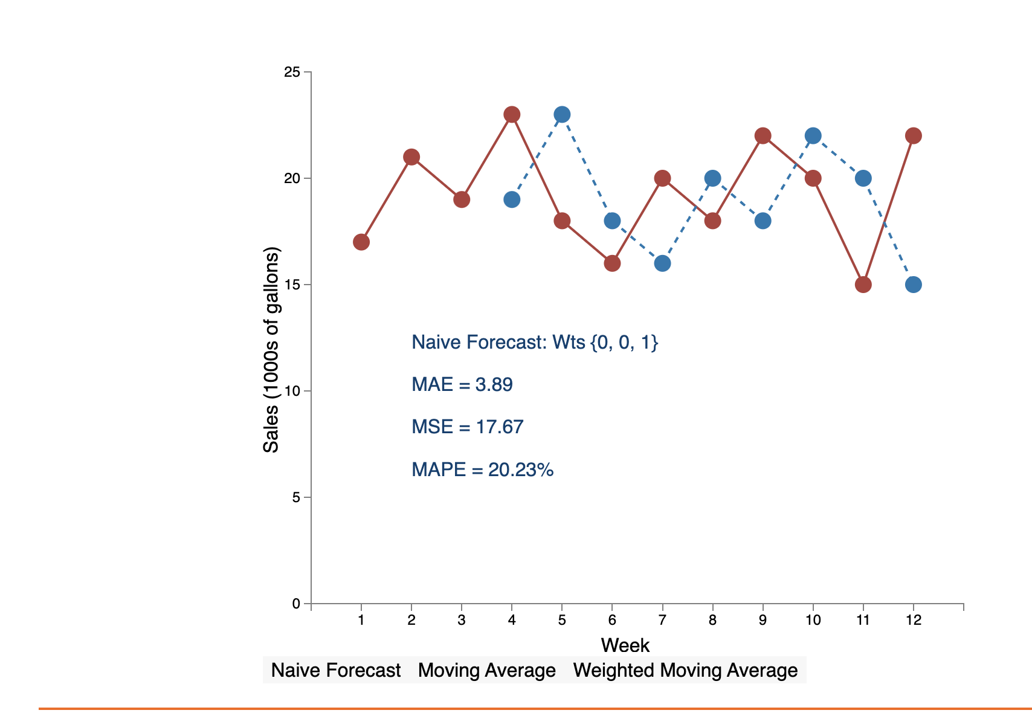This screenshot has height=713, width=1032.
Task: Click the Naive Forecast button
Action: (x=335, y=670)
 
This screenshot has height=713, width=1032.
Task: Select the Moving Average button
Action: (x=486, y=670)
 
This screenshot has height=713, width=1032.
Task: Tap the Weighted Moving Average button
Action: (x=685, y=670)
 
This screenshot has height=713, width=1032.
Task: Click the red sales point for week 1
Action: (x=361, y=242)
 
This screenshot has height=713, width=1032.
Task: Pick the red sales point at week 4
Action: (x=512, y=114)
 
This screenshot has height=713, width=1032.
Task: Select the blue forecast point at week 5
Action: (x=562, y=114)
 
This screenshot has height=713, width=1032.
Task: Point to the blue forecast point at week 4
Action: (x=512, y=199)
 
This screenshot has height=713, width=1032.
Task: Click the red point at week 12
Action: (x=914, y=135)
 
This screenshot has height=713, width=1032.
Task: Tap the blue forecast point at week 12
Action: (x=914, y=285)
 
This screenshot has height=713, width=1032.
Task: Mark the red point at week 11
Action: (x=863, y=285)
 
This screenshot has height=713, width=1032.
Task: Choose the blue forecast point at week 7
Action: (x=662, y=263)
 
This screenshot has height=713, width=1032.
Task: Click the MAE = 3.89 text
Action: (x=462, y=385)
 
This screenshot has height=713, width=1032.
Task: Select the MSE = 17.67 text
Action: (x=467, y=427)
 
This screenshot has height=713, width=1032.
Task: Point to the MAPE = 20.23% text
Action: (x=482, y=469)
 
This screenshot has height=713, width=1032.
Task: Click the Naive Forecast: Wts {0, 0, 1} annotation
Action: (x=535, y=343)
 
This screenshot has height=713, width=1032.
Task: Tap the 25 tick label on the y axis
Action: (x=292, y=73)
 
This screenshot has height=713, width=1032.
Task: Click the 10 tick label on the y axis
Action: (x=292, y=391)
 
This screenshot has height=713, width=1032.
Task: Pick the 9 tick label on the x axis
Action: (x=763, y=620)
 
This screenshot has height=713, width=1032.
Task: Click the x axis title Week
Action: (x=625, y=645)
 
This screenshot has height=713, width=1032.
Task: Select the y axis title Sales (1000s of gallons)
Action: (x=271, y=350)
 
